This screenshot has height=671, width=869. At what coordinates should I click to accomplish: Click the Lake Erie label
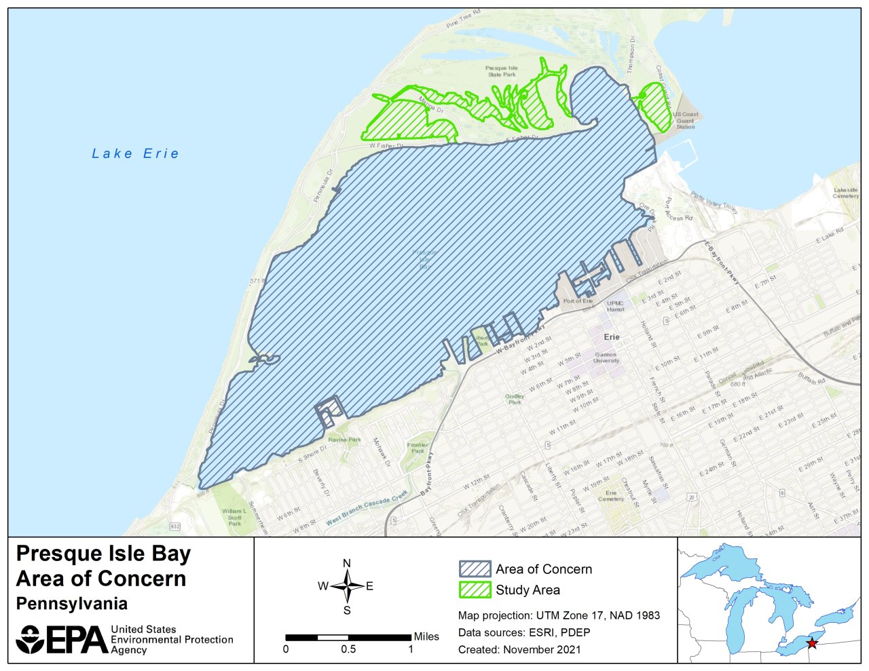pos(136,154)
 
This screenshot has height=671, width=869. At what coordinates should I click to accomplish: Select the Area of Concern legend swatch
pos(475,569)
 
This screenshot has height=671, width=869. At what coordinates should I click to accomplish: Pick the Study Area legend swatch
pos(475,590)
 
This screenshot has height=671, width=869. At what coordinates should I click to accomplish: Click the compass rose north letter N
pos(347,563)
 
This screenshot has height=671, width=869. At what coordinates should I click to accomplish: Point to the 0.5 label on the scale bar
pos(348,649)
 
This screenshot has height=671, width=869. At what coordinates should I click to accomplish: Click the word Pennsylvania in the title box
pos(72,604)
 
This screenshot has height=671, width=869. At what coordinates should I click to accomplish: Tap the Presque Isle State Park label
pos(502,71)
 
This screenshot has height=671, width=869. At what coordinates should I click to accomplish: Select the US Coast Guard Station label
pos(686,121)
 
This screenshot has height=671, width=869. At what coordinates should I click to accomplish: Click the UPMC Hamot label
pos(615,306)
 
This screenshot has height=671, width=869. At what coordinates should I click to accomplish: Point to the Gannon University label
pos(606,358)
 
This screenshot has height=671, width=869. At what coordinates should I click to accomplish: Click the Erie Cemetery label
pos(611,496)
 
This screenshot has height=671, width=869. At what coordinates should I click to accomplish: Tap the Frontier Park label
pos(418,448)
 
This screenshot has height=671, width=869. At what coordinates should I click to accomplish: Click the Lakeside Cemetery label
pos(845,193)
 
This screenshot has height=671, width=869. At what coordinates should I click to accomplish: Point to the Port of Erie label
pos(578,301)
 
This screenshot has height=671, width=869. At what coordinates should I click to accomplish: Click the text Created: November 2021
pos(519,649)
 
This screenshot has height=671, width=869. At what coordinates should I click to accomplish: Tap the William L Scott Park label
pos(235,517)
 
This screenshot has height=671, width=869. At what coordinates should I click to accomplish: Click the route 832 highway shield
pos(176,526)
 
